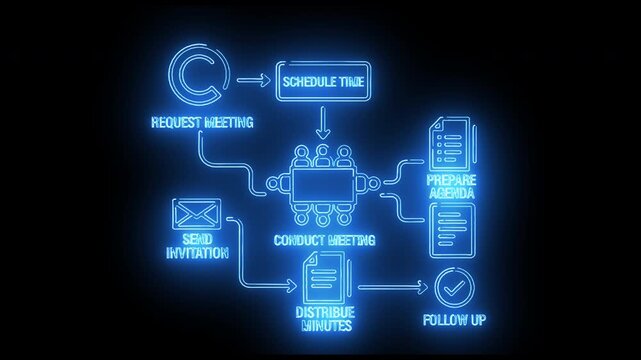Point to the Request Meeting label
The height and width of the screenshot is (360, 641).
pos(201,123)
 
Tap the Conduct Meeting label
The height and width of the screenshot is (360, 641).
pos(324,240)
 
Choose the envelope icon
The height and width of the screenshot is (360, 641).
pos(196,215)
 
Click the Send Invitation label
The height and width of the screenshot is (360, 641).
pos(194,246)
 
